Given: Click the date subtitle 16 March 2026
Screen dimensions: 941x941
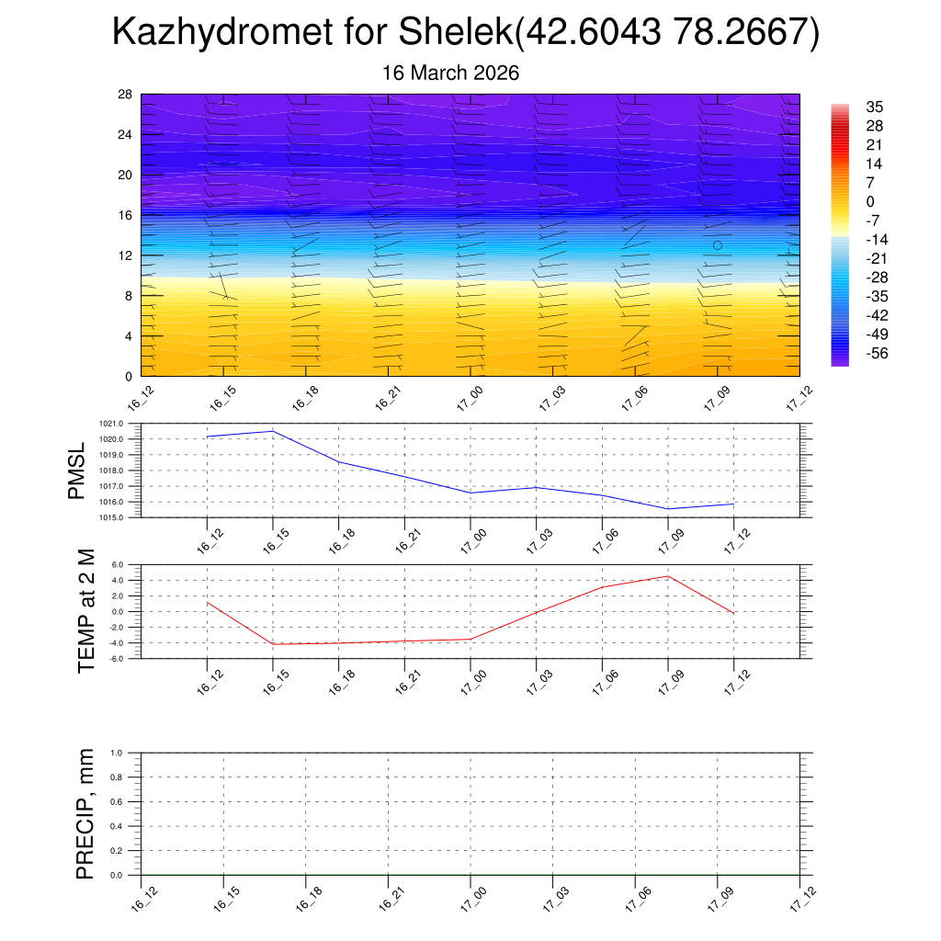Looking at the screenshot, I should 451,74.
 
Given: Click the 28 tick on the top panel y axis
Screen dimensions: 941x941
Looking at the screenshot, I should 126,95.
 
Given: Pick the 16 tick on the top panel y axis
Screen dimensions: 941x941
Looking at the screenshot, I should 126,215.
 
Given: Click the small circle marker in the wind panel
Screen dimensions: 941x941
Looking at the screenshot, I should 717,245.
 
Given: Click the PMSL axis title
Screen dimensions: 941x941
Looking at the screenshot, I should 76,470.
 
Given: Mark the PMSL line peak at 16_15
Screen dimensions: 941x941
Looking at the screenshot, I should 273,431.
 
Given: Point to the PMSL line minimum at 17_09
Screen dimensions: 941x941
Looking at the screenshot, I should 667,509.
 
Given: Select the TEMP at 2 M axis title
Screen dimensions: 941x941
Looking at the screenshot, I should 86,611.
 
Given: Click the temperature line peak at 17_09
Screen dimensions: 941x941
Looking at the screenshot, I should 667,576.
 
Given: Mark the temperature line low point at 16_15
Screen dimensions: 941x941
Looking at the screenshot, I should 273,644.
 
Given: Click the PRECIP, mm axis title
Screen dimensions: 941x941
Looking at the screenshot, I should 85,814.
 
